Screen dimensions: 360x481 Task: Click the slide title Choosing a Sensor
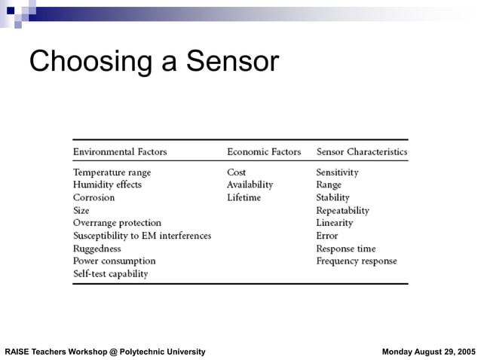(154, 62)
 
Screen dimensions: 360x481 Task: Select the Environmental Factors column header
(120, 152)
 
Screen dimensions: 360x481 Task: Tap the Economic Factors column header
(264, 152)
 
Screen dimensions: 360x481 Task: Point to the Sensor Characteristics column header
(361, 152)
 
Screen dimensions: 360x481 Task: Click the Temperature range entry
(112, 172)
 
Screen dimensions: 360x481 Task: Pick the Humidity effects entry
(107, 185)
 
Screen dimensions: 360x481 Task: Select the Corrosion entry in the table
(93, 197)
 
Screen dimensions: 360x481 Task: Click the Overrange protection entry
(117, 223)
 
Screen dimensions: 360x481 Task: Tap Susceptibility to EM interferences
(142, 236)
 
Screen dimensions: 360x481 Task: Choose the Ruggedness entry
(97, 249)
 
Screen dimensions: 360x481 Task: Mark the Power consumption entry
(114, 261)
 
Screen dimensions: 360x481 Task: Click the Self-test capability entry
(110, 274)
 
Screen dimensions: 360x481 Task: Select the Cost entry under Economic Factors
(236, 172)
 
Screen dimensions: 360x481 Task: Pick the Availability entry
(250, 185)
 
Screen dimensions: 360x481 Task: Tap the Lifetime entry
(244, 197)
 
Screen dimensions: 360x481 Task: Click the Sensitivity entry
(337, 172)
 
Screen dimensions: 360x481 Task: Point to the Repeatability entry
(342, 211)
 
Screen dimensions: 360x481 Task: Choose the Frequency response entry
(356, 261)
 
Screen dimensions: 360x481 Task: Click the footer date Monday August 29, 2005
(429, 352)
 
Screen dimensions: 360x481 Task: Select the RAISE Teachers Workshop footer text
(105, 352)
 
